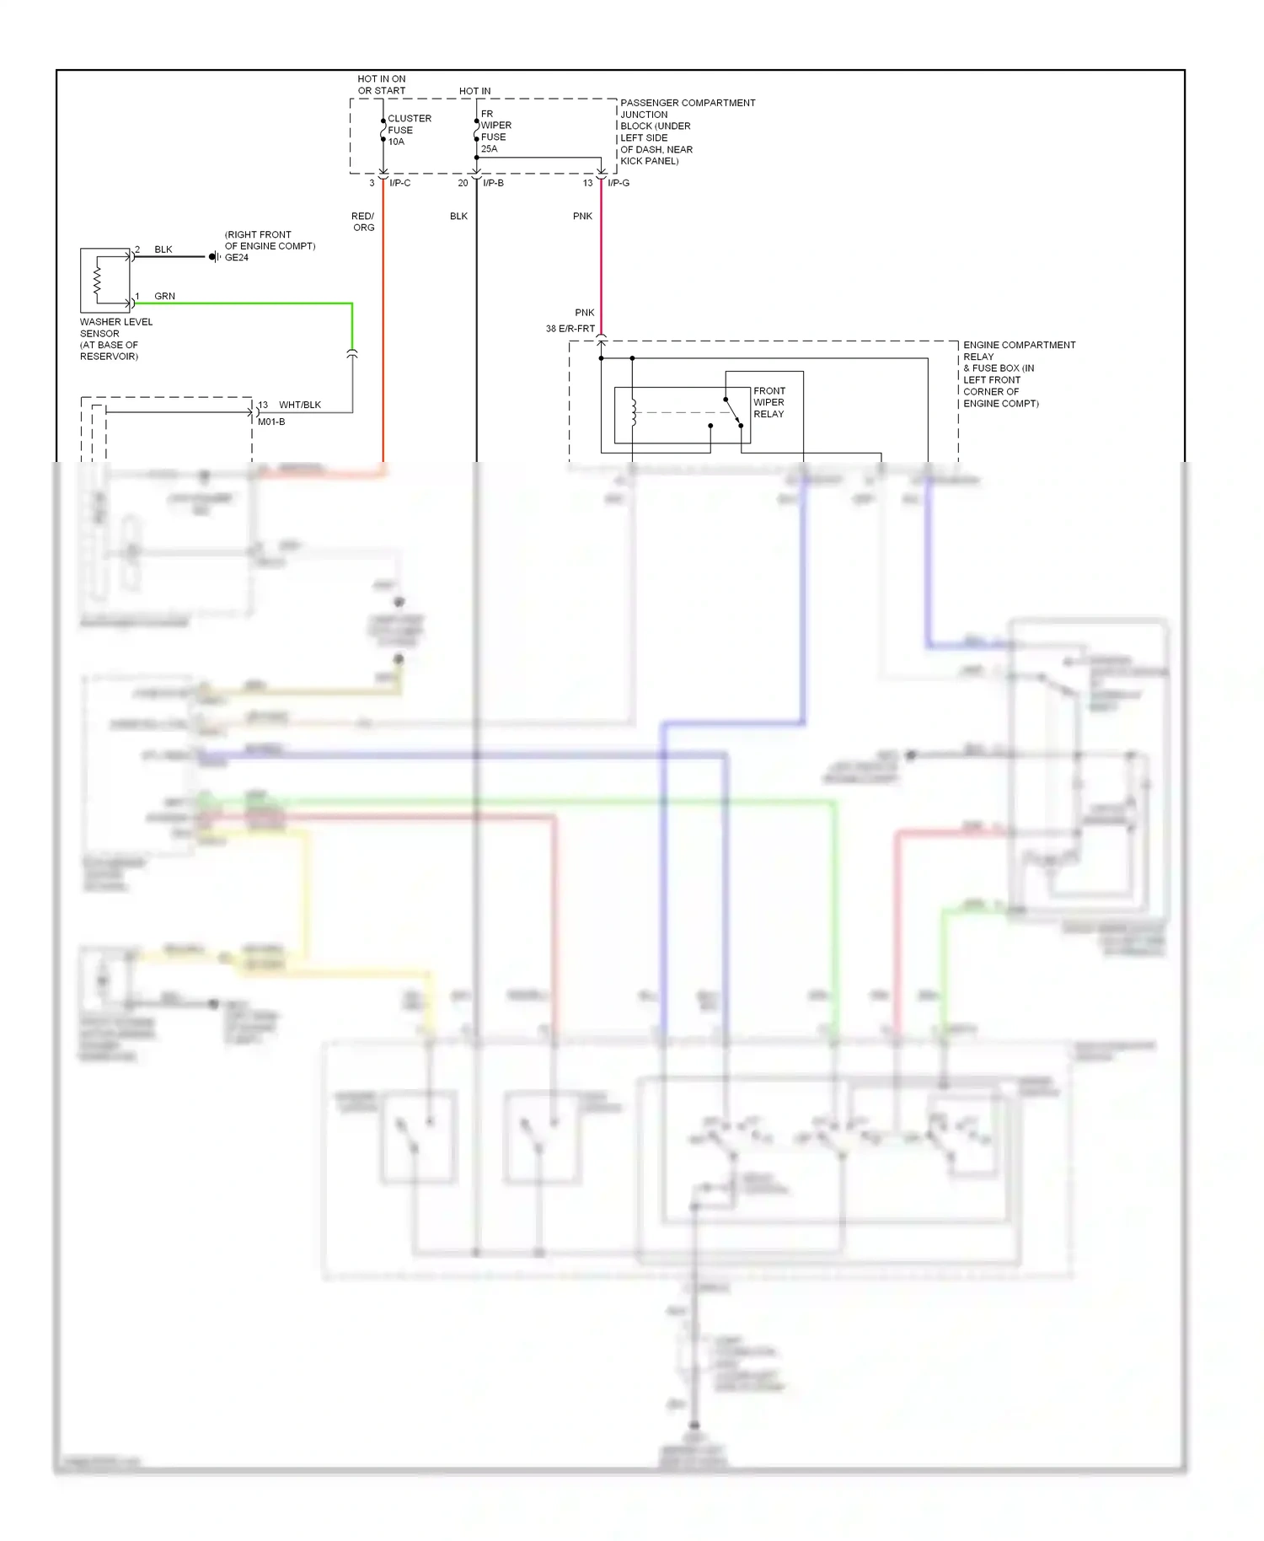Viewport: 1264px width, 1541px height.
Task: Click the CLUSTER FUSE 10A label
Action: (409, 130)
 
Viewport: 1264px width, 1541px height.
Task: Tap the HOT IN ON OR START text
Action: (381, 84)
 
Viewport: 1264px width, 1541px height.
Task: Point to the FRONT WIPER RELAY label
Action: (769, 402)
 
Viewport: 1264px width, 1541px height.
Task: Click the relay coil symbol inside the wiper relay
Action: (634, 412)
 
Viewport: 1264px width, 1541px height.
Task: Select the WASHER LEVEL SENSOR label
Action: (115, 339)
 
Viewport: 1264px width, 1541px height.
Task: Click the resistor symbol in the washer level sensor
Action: (98, 281)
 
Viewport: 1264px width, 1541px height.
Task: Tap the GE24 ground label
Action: (237, 258)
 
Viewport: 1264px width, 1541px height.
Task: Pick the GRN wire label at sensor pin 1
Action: (164, 296)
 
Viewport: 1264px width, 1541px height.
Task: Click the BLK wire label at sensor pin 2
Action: (163, 250)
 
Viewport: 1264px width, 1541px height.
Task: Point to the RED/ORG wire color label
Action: (363, 222)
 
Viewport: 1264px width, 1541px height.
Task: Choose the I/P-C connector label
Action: (400, 183)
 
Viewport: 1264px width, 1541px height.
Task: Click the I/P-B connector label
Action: (493, 183)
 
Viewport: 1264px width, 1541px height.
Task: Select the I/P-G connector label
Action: (619, 183)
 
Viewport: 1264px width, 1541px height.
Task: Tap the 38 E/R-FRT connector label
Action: (570, 329)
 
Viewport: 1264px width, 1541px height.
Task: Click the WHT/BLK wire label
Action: (300, 405)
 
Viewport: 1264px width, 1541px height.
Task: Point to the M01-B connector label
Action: (271, 421)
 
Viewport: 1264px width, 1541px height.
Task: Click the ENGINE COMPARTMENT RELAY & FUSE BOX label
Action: (1018, 373)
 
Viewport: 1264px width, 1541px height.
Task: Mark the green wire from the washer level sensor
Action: (253, 303)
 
